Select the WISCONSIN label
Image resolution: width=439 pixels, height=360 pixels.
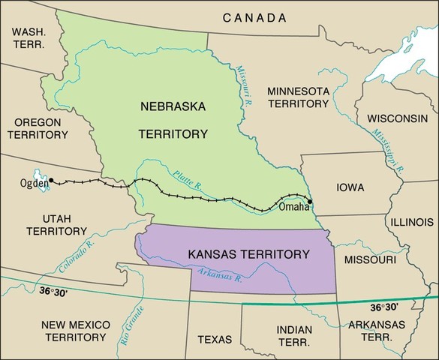(x=397, y=119)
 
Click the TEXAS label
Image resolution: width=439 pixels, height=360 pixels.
(x=215, y=339)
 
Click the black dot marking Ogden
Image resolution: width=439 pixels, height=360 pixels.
(x=51, y=180)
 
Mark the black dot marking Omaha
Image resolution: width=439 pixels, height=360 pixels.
(x=310, y=202)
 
